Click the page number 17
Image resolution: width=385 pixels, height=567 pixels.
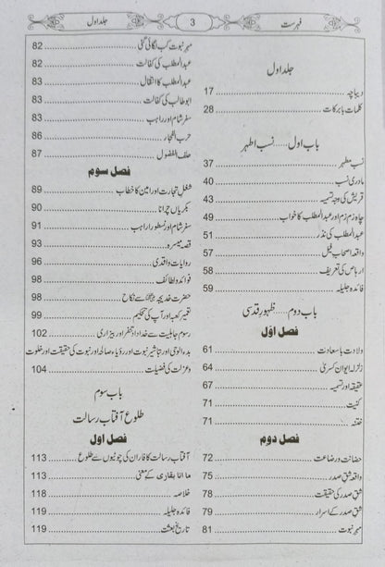click(209, 92)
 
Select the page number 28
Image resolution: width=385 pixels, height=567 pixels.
click(209, 109)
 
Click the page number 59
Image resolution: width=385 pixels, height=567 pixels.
click(209, 288)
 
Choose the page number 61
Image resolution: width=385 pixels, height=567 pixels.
click(209, 349)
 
